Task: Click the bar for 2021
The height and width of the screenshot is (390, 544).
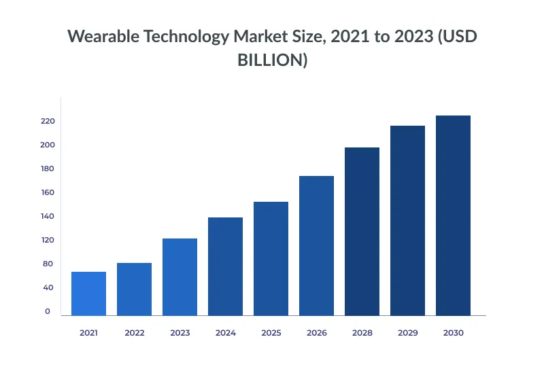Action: pos(88,294)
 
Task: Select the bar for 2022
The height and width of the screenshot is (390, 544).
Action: pos(134,289)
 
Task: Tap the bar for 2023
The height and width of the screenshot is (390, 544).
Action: pos(180,277)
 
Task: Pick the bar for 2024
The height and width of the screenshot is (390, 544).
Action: pos(225,266)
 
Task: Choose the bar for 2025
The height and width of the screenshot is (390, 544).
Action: pos(271,258)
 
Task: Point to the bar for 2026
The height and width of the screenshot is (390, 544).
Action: pos(316,245)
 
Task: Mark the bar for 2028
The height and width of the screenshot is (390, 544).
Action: pos(362,231)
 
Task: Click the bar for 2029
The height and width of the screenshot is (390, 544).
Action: pos(407,220)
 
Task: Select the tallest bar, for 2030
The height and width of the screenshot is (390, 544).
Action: pos(453,215)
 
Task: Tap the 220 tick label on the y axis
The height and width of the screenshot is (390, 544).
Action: pos(47,121)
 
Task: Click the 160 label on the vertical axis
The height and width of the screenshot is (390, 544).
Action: pos(47,192)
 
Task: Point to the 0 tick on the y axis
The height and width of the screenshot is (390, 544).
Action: pos(48,311)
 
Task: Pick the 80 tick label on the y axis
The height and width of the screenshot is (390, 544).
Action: pos(48,264)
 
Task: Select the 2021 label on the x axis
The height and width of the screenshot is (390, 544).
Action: pos(88,333)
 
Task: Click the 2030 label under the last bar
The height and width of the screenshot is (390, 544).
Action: pos(453,333)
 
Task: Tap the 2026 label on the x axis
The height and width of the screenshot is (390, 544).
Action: pos(316,333)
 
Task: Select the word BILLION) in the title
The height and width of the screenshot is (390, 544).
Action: pos(272,60)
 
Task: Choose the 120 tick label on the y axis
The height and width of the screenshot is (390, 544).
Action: pos(47,240)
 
